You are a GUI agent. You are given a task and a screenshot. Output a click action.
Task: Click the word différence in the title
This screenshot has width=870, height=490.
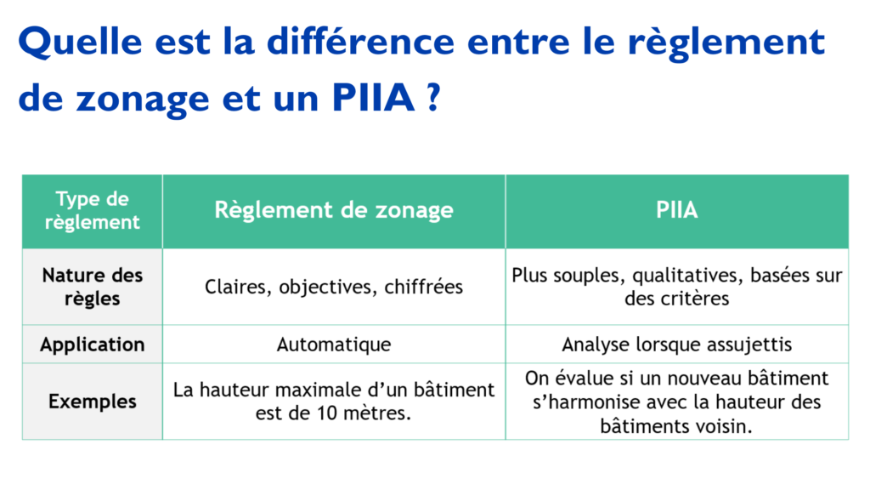(x=360, y=42)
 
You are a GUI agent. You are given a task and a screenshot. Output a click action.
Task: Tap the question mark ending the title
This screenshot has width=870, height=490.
(x=434, y=97)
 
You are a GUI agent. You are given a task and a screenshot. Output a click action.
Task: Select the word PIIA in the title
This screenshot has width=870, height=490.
(x=374, y=98)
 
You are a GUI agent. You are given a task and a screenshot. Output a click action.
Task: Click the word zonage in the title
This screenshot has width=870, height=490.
(x=143, y=100)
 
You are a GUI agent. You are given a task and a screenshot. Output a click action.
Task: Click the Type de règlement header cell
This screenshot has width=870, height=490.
(x=92, y=211)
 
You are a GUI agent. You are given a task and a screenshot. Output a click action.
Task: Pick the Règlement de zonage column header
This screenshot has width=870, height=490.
(x=334, y=210)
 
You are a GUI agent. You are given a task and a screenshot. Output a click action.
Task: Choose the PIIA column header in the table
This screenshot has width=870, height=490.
(x=677, y=210)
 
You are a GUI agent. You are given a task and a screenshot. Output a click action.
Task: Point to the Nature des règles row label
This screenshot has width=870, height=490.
(x=92, y=287)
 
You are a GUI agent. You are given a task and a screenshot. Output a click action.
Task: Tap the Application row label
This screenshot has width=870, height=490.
(x=92, y=345)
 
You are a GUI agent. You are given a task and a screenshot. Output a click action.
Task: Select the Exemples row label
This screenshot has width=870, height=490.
(x=92, y=402)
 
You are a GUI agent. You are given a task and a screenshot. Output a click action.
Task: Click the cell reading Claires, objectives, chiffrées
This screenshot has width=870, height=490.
(x=333, y=288)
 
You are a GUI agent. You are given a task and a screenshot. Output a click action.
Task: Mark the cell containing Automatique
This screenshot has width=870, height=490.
(x=333, y=345)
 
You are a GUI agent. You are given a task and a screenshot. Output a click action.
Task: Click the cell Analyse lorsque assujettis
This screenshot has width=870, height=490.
(x=677, y=345)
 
